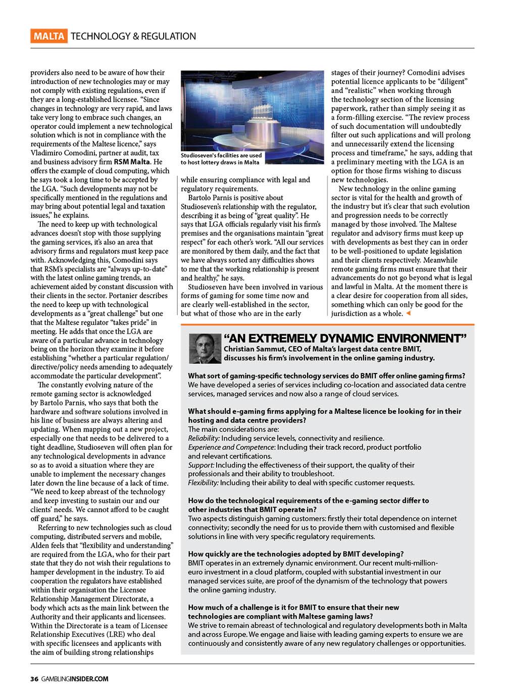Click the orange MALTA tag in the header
click(x=49, y=36)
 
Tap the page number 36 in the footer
click(x=34, y=679)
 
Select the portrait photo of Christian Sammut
click(x=205, y=349)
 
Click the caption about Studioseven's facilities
click(x=221, y=159)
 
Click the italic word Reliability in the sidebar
click(x=204, y=438)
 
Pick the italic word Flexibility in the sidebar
click(x=204, y=483)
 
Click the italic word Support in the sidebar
click(x=201, y=465)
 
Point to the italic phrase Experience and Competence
click(x=230, y=447)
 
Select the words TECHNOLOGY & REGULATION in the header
click(x=133, y=36)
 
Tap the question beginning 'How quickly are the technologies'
click(x=295, y=554)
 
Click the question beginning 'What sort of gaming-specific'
click(x=326, y=376)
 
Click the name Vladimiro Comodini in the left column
click(x=64, y=153)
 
